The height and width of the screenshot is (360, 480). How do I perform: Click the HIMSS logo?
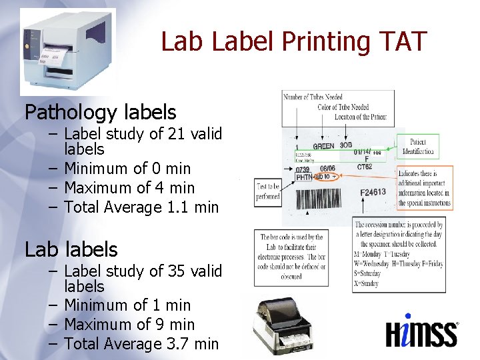pos(422,331)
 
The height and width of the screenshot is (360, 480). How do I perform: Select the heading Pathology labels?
pos(101,112)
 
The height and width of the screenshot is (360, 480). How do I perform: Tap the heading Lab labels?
pos(71,249)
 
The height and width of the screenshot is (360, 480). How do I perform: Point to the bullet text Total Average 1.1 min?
pos(141,207)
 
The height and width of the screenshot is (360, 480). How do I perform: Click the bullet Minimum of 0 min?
pos(127,169)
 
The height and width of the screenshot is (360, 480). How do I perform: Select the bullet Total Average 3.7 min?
pos(141,344)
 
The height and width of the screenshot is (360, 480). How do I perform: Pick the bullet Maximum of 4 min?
pos(129,188)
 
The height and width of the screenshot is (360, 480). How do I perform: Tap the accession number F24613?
pos(373,193)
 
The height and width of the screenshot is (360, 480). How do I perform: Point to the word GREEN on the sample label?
pos(323,145)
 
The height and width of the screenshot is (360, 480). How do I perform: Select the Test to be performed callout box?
pos(267,192)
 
